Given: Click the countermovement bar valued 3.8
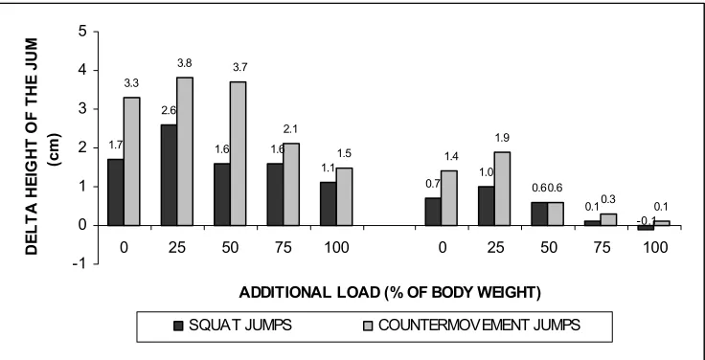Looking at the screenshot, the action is point(185,151).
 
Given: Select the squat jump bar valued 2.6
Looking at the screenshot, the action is point(169,175).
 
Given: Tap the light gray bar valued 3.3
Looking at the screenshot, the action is point(132,162).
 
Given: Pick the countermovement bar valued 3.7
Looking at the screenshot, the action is point(238,154).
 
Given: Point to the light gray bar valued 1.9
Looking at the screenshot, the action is point(502,189).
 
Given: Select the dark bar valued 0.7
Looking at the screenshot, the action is point(433,212).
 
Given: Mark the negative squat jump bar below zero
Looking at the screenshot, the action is point(646,228).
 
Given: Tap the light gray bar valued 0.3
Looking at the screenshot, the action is point(608,219).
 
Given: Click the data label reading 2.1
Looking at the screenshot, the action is point(290,129).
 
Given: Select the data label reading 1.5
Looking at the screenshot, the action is point(344,154).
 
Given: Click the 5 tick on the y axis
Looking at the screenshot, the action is point(83,32).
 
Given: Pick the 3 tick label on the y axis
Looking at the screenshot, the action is point(83,109).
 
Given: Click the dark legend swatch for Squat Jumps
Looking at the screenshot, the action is point(178,326).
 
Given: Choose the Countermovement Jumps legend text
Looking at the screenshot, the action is point(479,325).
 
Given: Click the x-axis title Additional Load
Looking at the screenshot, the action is point(390,293).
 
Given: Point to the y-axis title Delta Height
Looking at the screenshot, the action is point(33,146).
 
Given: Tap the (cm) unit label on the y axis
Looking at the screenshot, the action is point(57,150).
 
